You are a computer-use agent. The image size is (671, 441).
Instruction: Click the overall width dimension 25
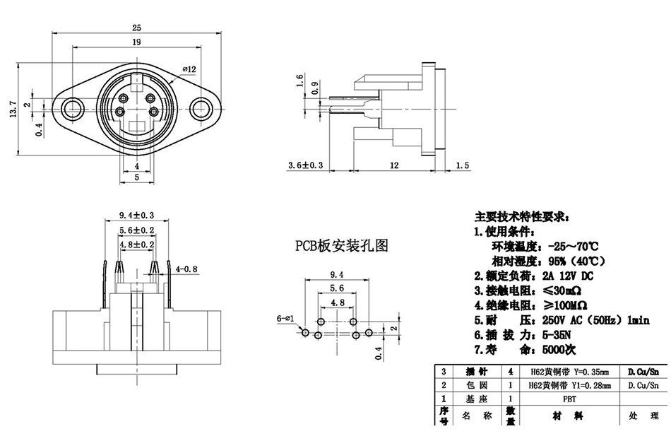[137, 28]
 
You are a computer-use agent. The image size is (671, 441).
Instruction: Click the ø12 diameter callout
[189, 69]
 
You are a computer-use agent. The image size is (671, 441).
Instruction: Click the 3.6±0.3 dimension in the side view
[305, 165]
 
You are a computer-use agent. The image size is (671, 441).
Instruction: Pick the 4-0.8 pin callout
[186, 269]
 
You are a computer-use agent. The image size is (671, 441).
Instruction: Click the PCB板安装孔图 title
[342, 245]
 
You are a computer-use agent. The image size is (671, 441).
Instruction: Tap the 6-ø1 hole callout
[285, 319]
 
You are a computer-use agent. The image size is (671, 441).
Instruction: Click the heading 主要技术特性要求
[525, 216]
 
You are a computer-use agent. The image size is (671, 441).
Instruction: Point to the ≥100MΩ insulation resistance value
[563, 305]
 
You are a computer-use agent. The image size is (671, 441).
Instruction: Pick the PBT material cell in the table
[569, 399]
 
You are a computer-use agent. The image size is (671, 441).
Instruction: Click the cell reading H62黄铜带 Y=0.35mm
[569, 371]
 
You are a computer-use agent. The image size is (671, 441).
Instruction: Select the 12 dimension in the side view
[394, 165]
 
